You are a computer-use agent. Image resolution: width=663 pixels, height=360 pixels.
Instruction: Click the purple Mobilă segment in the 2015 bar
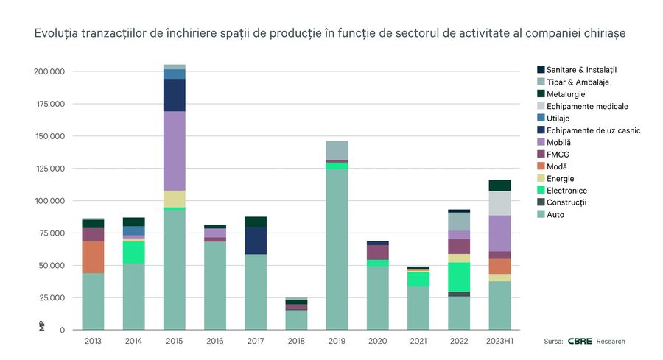(175, 151)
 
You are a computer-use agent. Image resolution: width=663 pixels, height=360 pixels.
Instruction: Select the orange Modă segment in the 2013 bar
(94, 257)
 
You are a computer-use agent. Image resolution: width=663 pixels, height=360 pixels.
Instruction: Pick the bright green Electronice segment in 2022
(459, 277)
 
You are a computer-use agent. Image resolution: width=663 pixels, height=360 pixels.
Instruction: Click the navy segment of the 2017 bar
(256, 240)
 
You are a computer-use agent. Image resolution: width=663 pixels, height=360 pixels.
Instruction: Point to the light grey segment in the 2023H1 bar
(499, 203)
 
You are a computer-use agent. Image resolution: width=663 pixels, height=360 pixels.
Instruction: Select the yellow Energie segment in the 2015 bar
(175, 199)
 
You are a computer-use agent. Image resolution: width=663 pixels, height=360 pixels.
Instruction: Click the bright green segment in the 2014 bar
(134, 253)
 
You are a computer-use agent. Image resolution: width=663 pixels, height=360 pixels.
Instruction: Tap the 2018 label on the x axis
(296, 341)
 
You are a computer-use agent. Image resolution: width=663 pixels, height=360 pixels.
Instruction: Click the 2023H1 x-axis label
(499, 341)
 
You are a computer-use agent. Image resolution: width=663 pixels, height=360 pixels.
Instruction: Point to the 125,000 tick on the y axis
(50, 169)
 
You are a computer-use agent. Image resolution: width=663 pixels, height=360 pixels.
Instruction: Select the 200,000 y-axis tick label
(50, 72)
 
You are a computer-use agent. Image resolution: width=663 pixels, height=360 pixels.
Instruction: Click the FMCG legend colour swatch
(541, 154)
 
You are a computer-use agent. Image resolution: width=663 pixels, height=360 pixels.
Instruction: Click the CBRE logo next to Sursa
(582, 341)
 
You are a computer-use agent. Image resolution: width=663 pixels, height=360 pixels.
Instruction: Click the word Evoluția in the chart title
(55, 34)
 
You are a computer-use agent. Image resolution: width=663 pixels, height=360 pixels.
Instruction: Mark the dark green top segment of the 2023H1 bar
(499, 186)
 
